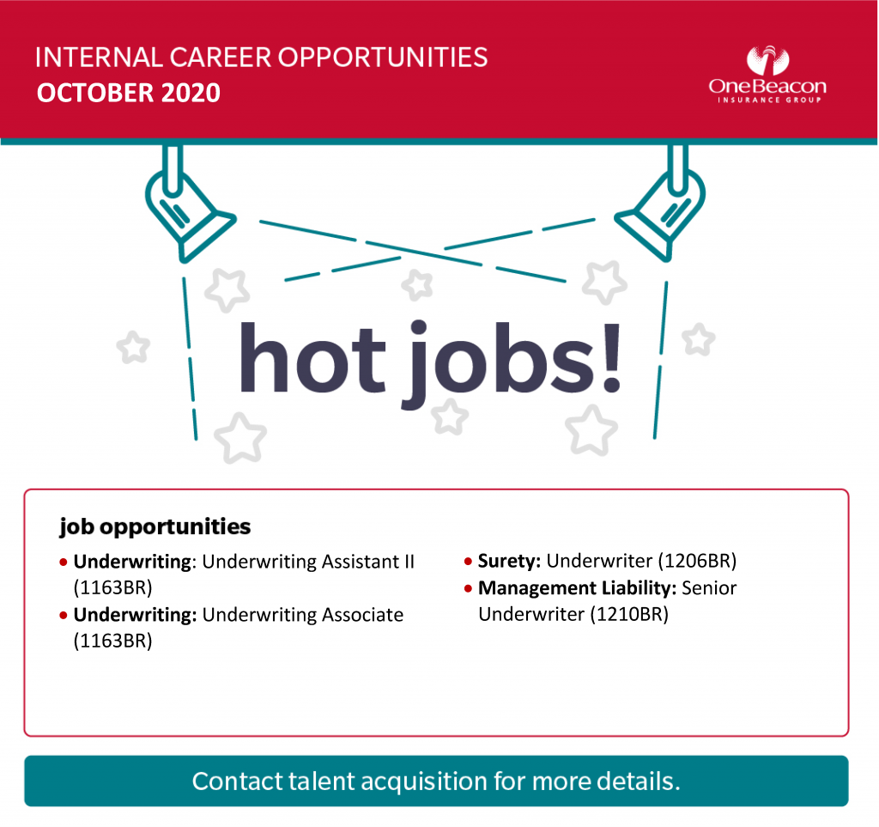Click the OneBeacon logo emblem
(x=767, y=61)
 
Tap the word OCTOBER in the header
(x=95, y=93)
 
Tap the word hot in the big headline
(x=312, y=357)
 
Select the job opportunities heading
(x=155, y=527)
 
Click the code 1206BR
(x=697, y=561)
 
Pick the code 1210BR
(x=629, y=615)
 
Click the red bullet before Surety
(x=468, y=562)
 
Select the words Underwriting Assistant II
(x=308, y=562)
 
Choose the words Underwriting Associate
(x=303, y=615)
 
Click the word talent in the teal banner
(x=322, y=781)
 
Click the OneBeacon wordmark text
(x=767, y=87)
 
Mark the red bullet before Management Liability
(x=468, y=588)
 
